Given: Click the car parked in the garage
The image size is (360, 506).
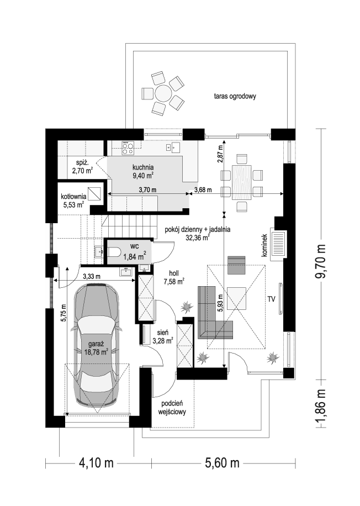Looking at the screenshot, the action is (x=96, y=345).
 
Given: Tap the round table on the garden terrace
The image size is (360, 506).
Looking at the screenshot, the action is (x=163, y=93).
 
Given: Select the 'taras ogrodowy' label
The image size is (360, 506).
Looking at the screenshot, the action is (x=235, y=96).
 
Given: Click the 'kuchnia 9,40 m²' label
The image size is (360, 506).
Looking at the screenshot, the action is (x=143, y=171).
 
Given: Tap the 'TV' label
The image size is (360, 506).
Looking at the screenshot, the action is (x=271, y=299).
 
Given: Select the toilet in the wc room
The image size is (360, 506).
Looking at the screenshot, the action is (x=113, y=252).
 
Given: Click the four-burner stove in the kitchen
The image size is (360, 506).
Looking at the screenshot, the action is (x=127, y=147).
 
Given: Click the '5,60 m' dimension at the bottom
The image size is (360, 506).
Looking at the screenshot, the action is (x=223, y=463).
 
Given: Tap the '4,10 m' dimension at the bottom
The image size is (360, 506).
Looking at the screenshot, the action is (x=97, y=463).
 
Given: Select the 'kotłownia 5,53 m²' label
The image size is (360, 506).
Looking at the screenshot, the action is (x=73, y=200).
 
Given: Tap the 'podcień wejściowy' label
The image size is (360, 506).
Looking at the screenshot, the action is (x=172, y=408).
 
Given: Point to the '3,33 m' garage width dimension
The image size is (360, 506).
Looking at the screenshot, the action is (x=92, y=276).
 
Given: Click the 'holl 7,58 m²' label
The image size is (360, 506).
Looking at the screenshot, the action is (x=174, y=277).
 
